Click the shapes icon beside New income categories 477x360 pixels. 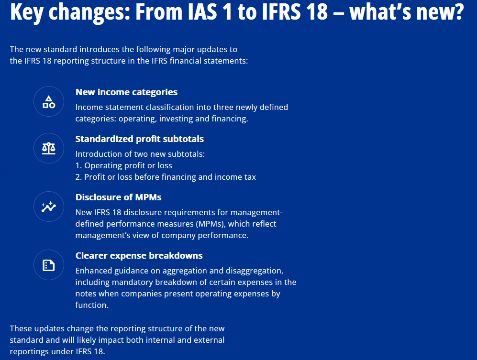click(49, 101)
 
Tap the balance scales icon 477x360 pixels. click(49, 148)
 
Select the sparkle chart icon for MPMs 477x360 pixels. click(49, 207)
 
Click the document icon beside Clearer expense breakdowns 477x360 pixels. click(49, 265)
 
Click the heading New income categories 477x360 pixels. click(127, 92)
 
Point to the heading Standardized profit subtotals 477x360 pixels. click(140, 139)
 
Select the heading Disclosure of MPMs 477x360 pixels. click(118, 197)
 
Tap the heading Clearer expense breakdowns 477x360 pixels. click(139, 256)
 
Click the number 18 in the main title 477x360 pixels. click(317, 11)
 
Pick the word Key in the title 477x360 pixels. click(27, 12)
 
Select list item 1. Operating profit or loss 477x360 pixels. click(123, 165)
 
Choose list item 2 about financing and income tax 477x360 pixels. click(166, 177)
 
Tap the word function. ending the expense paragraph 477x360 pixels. click(92, 305)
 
